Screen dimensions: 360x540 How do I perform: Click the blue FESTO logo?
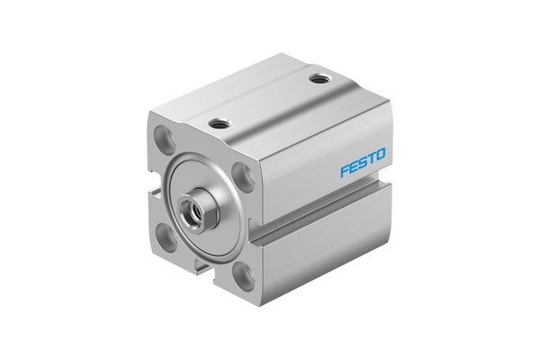click(x=363, y=166)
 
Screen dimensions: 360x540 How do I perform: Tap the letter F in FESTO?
click(x=345, y=171)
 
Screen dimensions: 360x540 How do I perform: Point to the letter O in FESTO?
click(x=381, y=160)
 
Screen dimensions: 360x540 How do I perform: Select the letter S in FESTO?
click(x=363, y=166)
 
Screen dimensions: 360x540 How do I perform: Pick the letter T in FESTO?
click(x=372, y=163)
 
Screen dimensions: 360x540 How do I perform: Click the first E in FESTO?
click(x=354, y=168)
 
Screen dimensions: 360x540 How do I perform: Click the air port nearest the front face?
click(x=218, y=123)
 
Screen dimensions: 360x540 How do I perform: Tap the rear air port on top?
click(x=318, y=81)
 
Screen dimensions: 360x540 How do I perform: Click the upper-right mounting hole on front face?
click(x=241, y=174)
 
